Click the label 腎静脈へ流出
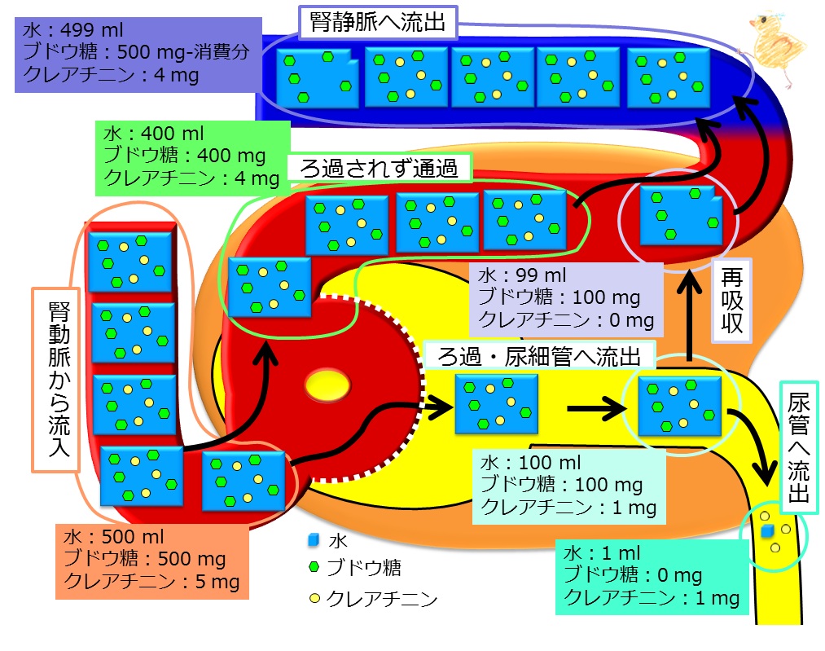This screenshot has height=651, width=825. pyautogui.click(x=378, y=22)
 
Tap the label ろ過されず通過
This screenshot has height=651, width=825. pyautogui.click(x=379, y=169)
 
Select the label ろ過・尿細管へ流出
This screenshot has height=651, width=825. pyautogui.click(x=539, y=356)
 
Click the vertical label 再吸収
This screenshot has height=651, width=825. pyautogui.click(x=732, y=301)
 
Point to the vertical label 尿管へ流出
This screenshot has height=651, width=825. pyautogui.click(x=798, y=447)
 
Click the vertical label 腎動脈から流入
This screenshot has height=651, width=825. pyautogui.click(x=59, y=380)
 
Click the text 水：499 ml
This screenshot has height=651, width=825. pyautogui.click(x=72, y=30)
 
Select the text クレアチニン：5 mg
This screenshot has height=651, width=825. pyautogui.click(x=151, y=582)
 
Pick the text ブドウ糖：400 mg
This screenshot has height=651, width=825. pyautogui.click(x=184, y=156)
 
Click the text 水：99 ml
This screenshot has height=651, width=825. pyautogui.click(x=522, y=275)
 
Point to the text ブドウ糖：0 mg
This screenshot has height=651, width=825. pyautogui.click(x=633, y=575)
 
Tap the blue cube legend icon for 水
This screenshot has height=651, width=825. pyautogui.click(x=314, y=539)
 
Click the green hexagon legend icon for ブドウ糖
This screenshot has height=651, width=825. pyautogui.click(x=314, y=567)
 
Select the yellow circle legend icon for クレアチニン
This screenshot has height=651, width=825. pyautogui.click(x=314, y=598)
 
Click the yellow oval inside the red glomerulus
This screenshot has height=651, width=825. pyautogui.click(x=327, y=385)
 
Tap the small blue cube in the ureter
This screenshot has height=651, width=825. pyautogui.click(x=766, y=530)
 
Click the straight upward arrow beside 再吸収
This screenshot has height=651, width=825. pyautogui.click(x=689, y=315)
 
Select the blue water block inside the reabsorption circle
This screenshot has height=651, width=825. pyautogui.click(x=682, y=215)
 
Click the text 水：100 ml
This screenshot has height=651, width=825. pyautogui.click(x=530, y=463)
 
